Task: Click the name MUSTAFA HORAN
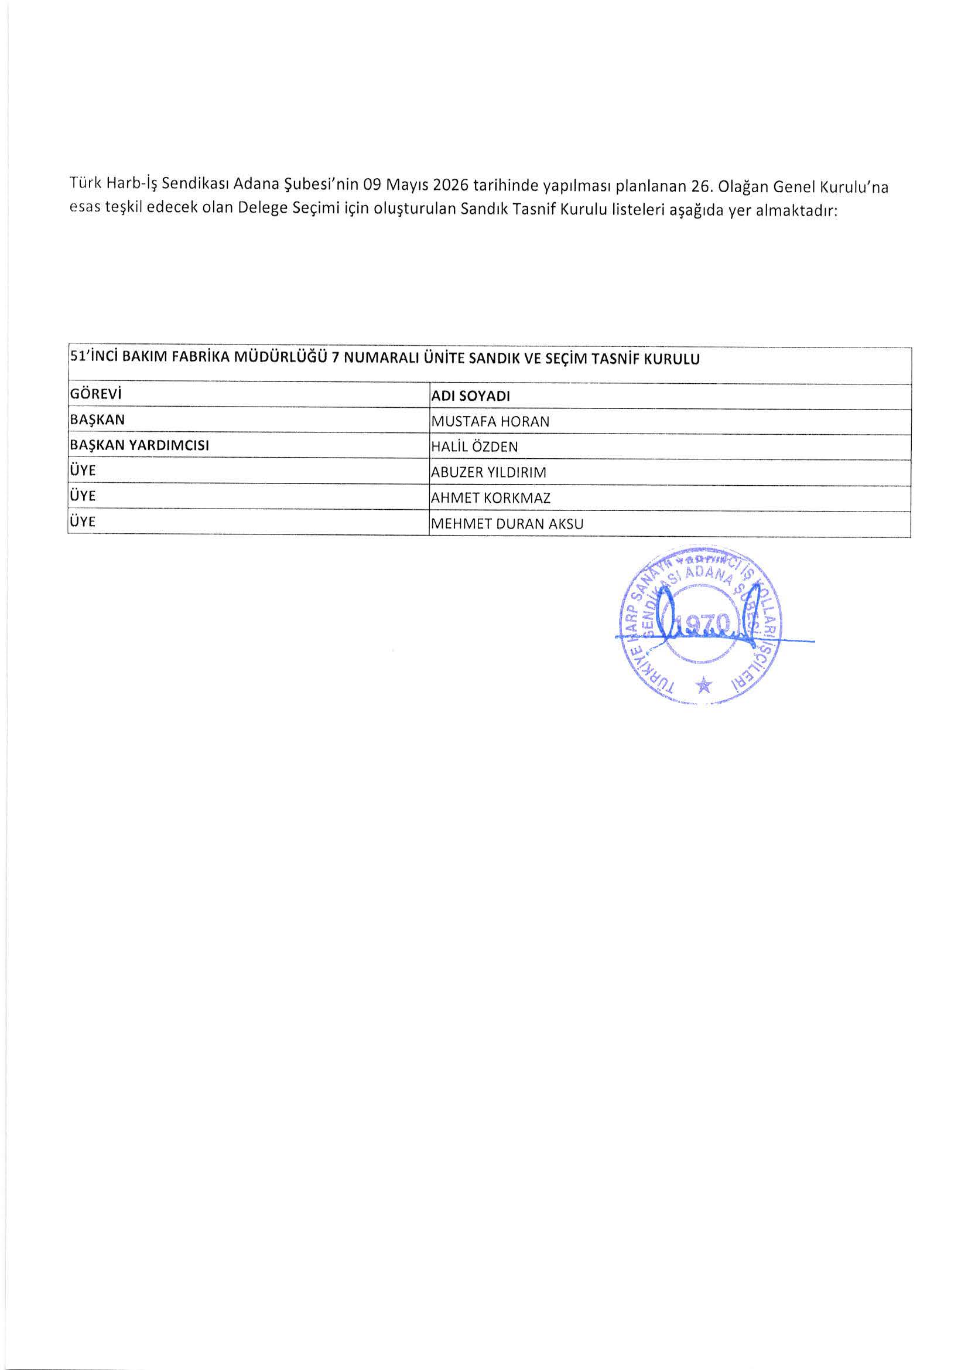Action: (x=490, y=421)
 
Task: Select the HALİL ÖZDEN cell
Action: (x=474, y=447)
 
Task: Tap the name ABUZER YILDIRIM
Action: (x=488, y=472)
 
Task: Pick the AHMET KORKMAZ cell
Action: (x=490, y=497)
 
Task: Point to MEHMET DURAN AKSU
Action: (x=507, y=524)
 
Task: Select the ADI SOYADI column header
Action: (x=471, y=396)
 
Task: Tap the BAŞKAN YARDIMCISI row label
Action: (x=139, y=446)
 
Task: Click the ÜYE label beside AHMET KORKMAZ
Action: (x=83, y=496)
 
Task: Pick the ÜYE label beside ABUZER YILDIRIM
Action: (x=83, y=470)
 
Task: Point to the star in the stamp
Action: (x=704, y=686)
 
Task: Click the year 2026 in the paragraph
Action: (x=450, y=186)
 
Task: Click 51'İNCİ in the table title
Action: (x=94, y=359)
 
